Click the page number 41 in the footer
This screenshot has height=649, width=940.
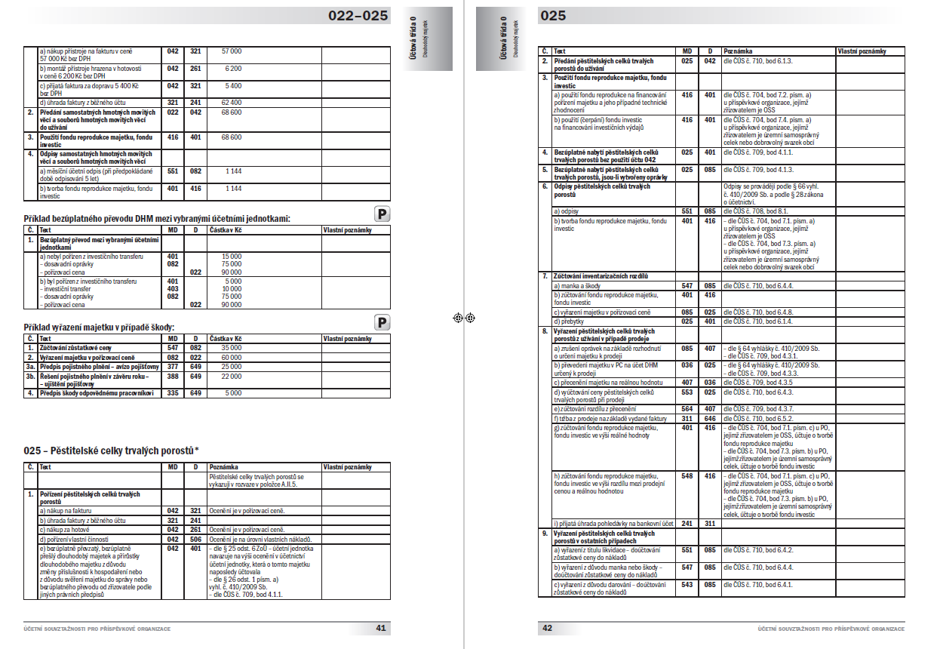click(x=380, y=628)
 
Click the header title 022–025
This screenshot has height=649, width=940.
click(x=358, y=15)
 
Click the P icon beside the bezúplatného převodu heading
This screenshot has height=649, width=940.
click(x=382, y=214)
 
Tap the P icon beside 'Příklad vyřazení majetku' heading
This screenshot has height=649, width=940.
click(x=382, y=323)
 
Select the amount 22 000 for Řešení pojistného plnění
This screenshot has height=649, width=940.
click(x=231, y=375)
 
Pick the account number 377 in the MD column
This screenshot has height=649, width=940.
click(x=173, y=366)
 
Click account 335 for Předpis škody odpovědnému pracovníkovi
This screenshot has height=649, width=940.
click(x=173, y=392)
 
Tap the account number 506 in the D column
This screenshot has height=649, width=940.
click(x=195, y=539)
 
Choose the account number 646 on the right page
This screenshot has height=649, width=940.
click(x=710, y=418)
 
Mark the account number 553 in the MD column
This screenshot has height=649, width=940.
click(x=687, y=392)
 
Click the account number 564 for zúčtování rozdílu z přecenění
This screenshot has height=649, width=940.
click(x=687, y=409)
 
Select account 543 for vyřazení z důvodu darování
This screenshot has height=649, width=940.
click(x=687, y=584)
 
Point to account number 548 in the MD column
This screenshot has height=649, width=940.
click(x=687, y=476)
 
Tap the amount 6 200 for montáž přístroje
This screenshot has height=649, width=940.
click(x=232, y=68)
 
